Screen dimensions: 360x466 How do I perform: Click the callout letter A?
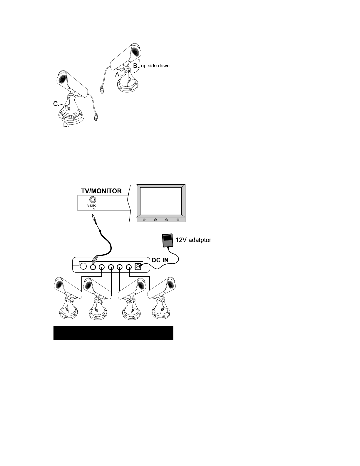[118, 75]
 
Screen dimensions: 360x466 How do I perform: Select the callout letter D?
[66, 125]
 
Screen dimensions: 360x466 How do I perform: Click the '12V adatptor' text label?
[193, 240]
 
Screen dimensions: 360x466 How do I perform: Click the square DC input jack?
[137, 267]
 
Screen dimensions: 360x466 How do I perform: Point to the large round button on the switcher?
[83, 266]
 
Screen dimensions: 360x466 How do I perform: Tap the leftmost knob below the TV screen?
[144, 220]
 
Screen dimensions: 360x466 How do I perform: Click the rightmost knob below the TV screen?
[178, 220]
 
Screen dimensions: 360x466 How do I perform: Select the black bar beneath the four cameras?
[113, 333]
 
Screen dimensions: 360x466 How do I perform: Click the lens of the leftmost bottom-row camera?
[58, 285]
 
